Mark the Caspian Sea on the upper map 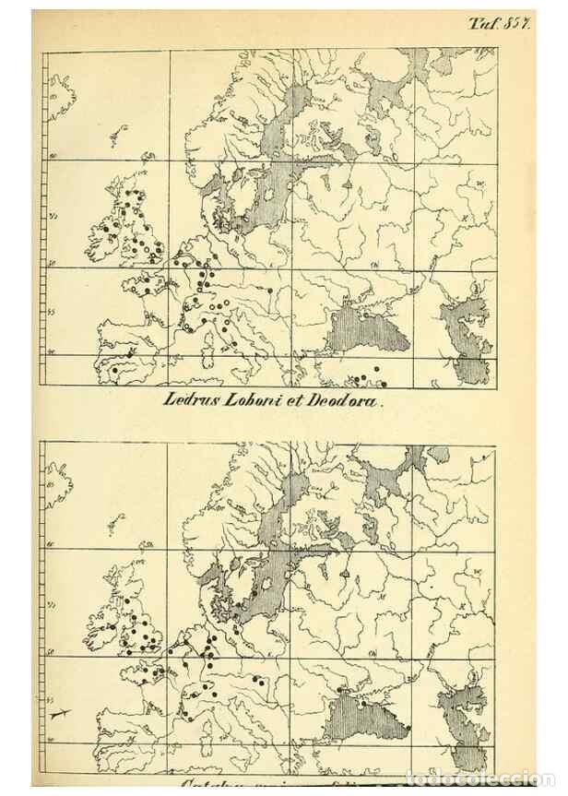tap(467, 337)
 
